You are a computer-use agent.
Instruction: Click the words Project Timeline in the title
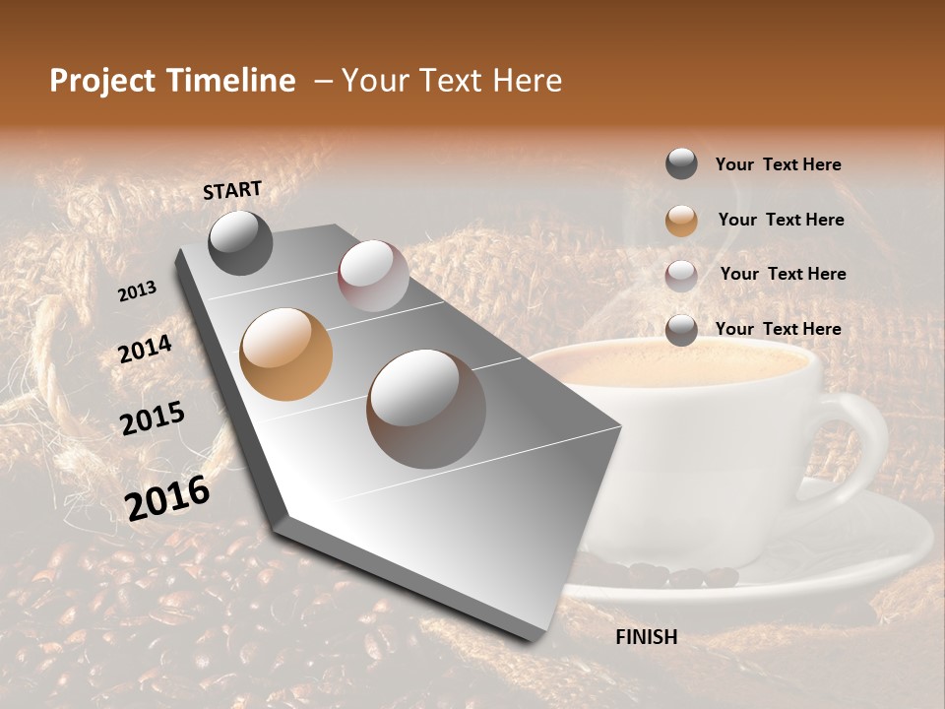tap(172, 81)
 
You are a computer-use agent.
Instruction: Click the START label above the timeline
tap(232, 190)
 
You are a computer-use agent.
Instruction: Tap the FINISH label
tap(646, 637)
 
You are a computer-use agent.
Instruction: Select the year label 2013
tap(138, 291)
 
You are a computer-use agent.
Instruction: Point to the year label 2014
tap(145, 350)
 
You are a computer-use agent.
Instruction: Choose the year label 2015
tap(153, 419)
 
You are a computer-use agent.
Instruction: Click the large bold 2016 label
tap(167, 497)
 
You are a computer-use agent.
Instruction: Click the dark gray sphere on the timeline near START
tap(240, 242)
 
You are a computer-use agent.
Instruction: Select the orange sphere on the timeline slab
tap(286, 354)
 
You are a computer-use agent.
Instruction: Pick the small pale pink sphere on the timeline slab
tap(373, 276)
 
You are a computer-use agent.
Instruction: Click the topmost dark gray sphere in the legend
tap(681, 164)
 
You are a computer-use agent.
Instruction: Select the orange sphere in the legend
tap(681, 221)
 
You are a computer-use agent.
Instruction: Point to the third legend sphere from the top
tap(681, 275)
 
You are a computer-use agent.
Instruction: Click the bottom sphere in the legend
tap(681, 330)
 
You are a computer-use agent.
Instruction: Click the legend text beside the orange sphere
tap(782, 220)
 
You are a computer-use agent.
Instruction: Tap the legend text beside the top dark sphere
tap(778, 164)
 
